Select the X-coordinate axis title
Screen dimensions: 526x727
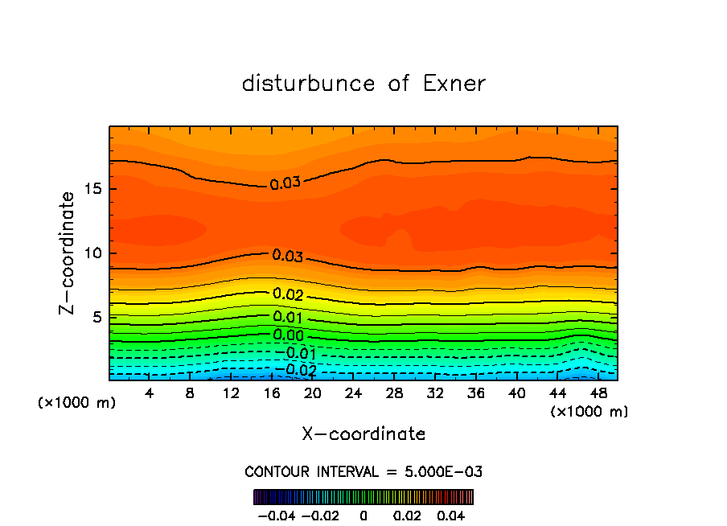363,434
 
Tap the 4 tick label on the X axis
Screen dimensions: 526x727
150,393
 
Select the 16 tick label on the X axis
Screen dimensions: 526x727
272,393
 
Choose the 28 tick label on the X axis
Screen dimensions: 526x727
394,393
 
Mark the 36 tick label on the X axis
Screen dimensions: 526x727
476,393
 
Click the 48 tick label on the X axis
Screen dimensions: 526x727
598,393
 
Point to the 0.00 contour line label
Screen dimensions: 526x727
288,335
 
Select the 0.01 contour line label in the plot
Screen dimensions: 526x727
288,317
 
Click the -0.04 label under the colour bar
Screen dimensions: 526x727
276,513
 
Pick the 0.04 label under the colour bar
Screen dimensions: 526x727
452,513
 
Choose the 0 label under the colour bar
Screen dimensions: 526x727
363,513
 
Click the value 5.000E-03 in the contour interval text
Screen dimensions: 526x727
444,471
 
